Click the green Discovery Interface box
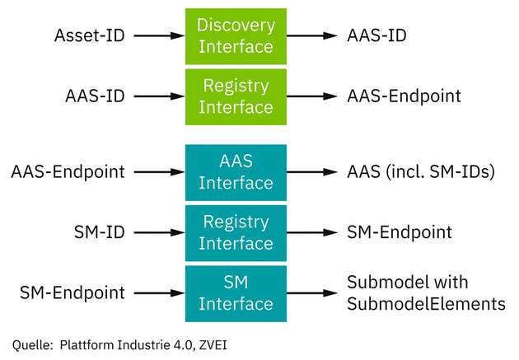click(235, 36)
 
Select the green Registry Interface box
click(235, 96)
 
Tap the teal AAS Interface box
click(235, 171)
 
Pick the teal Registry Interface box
click(235, 232)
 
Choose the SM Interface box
click(235, 292)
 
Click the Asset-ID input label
click(89, 35)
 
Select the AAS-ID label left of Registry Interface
click(94, 96)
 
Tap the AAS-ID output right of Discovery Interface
click(376, 35)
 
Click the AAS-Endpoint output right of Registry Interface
click(404, 96)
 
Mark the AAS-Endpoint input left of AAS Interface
click(68, 172)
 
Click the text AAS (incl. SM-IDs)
click(420, 172)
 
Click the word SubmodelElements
click(426, 303)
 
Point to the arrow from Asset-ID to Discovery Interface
click(157, 36)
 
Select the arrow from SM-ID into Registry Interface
click(157, 232)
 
